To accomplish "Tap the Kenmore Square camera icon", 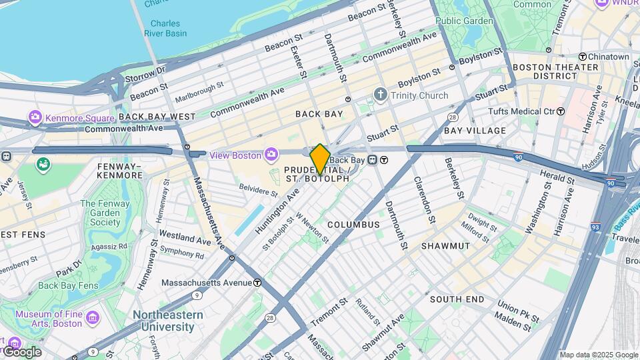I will pos(35,118).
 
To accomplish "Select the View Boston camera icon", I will pos(271,155).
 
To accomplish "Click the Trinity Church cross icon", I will pos(380,95).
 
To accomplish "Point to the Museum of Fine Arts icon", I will pos(92,316).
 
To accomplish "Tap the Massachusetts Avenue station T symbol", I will pos(257,283).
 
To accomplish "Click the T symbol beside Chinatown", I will pos(582,57).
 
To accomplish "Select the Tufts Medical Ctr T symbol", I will pos(561,111).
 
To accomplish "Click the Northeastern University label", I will pos(163,321).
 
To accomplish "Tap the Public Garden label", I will pos(464,21).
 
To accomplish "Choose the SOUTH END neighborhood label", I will pos(457,299).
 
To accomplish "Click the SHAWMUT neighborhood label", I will pos(445,246).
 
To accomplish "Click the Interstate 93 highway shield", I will pos(596,227).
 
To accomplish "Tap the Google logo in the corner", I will pos(21,351).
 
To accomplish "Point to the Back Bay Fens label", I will pos(68,286).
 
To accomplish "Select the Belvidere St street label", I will pos(258,192).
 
